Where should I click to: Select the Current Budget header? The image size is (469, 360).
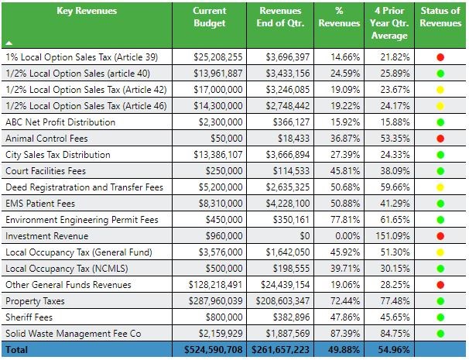point(209,17)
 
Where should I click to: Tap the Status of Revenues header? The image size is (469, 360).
point(440,17)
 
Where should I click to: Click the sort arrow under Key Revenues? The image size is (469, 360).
point(9,43)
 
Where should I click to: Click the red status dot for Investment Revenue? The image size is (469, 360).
point(440,236)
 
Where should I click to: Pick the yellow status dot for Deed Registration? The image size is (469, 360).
point(440,187)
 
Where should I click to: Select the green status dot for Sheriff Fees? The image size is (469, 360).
point(440,317)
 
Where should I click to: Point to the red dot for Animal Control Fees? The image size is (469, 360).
point(440,139)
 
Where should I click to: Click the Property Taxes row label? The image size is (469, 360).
point(34,301)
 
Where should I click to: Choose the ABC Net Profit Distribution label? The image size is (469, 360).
point(60,122)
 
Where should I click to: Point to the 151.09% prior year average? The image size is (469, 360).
point(390,236)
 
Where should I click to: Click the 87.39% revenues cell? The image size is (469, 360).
point(341,334)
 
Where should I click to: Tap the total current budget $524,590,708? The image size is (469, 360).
point(211,351)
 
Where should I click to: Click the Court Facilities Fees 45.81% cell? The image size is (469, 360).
point(341,171)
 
